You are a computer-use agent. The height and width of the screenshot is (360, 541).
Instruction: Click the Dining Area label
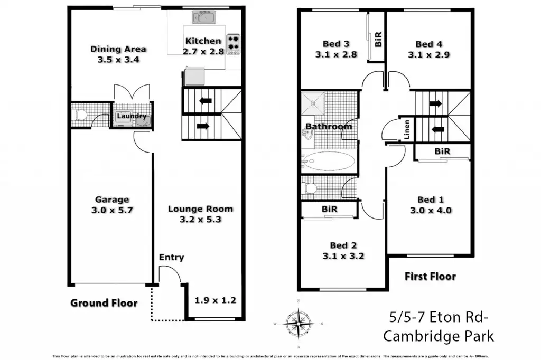click(x=118, y=49)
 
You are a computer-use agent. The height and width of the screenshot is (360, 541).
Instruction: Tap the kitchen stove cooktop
click(x=233, y=45)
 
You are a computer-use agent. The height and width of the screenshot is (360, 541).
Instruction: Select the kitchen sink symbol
click(x=203, y=18)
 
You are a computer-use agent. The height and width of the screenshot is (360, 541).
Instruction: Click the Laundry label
click(x=132, y=116)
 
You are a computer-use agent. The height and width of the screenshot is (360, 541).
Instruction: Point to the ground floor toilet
click(x=81, y=114)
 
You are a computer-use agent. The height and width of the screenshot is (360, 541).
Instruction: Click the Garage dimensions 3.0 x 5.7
click(x=112, y=210)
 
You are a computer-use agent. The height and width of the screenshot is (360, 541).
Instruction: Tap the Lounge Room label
click(x=200, y=209)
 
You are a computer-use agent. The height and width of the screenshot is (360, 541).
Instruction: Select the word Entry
click(x=171, y=258)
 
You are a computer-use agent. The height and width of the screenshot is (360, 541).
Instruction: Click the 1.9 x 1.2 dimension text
click(x=215, y=300)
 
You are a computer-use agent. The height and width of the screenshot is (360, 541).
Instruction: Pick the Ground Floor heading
click(x=104, y=303)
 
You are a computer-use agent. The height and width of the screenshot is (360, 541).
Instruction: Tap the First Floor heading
click(x=430, y=276)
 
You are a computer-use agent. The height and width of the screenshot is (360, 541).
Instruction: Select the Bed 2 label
click(x=343, y=245)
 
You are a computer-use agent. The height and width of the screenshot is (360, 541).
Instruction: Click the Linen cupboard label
click(x=407, y=129)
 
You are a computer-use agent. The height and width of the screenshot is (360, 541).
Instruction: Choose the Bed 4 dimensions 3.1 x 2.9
click(x=428, y=54)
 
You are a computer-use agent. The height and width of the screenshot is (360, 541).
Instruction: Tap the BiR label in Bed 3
click(x=378, y=39)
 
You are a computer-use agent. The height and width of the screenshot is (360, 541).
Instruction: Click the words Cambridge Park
click(x=439, y=336)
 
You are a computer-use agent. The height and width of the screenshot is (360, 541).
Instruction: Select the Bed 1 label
click(x=431, y=200)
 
